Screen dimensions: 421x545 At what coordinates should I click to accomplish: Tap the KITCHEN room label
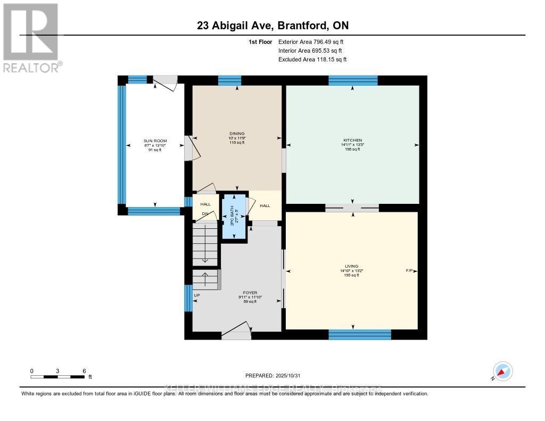(x=352, y=140)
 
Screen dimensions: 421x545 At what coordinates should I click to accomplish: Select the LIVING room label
(x=351, y=266)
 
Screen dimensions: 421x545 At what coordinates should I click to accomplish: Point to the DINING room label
(x=237, y=134)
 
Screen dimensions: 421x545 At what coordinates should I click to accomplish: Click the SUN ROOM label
(x=154, y=141)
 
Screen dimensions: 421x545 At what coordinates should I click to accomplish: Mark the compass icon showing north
(x=502, y=371)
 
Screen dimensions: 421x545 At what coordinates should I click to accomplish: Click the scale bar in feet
(x=57, y=377)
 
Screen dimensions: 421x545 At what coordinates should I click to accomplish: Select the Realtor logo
(x=31, y=37)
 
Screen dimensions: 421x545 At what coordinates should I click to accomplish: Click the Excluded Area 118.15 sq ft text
(x=312, y=60)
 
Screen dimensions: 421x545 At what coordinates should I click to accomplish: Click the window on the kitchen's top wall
(x=353, y=80)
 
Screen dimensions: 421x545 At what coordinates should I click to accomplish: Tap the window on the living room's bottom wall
(x=360, y=334)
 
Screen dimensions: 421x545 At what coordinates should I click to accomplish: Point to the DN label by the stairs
(x=204, y=214)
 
